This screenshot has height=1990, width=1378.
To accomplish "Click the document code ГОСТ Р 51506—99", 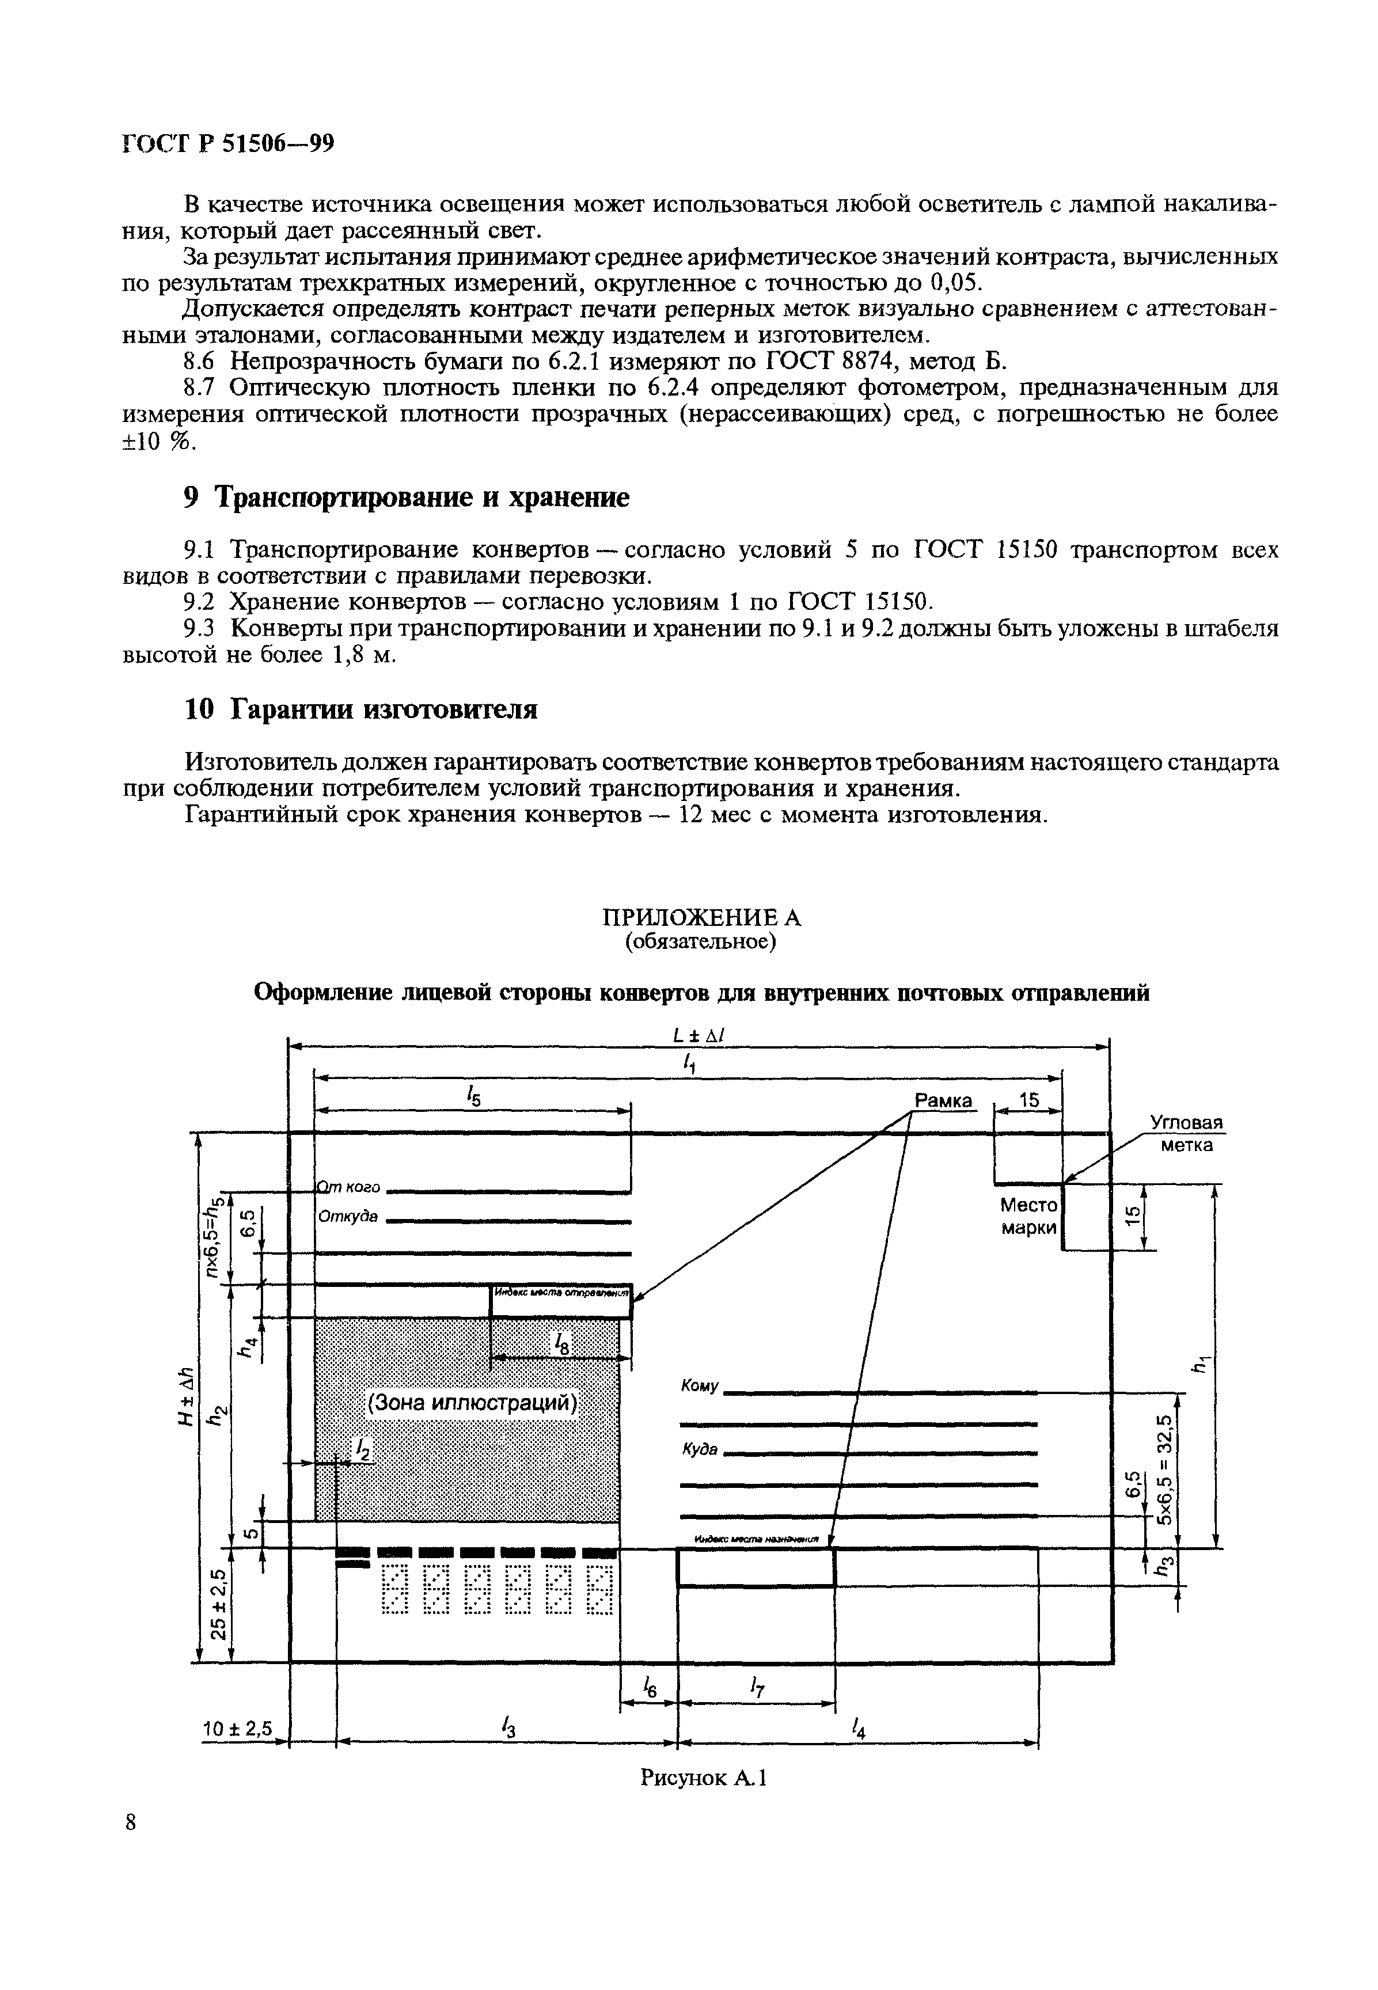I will click(227, 144).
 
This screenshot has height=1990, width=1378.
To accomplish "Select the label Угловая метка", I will click(1186, 1134).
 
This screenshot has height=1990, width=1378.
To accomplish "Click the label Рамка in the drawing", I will click(943, 1101).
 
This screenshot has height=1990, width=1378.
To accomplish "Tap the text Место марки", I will click(1028, 1216).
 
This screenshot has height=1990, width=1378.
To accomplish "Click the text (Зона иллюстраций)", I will click(472, 1403).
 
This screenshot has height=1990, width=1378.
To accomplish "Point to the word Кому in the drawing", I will click(699, 1385).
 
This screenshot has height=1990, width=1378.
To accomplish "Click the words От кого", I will click(349, 1188).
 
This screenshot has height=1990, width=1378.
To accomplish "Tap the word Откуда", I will click(348, 1217).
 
